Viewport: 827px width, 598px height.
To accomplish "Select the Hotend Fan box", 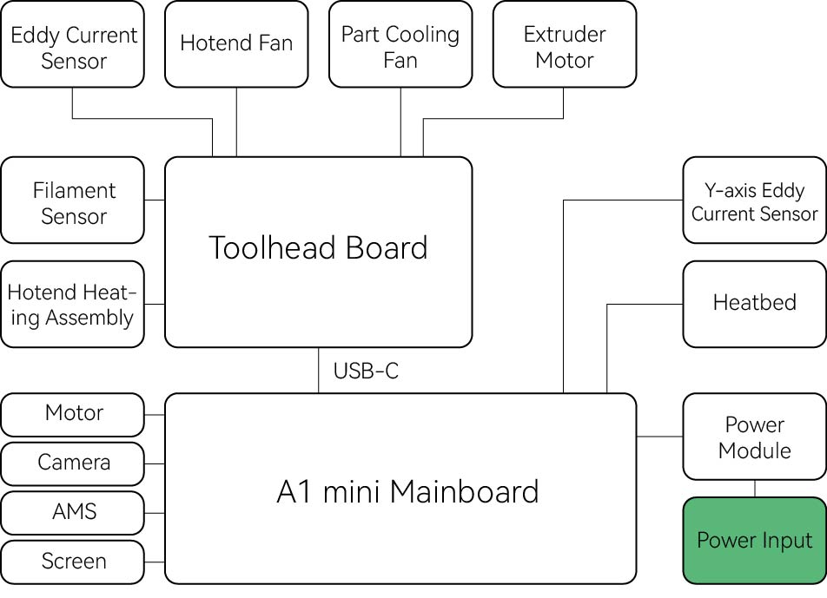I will [236, 44].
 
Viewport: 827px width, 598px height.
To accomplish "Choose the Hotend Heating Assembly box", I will [73, 305].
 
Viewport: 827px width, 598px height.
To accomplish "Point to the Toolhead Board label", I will [318, 248].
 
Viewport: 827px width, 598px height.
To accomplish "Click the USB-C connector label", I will [366, 371].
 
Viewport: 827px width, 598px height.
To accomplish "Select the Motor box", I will [73, 414].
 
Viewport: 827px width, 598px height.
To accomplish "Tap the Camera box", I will [73, 463].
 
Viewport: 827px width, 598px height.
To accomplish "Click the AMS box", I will [73, 513].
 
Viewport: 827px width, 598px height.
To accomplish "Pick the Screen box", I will [73, 562].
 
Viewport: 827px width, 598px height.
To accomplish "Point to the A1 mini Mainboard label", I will [407, 492].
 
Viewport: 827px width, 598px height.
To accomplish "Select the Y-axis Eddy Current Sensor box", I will [754, 200].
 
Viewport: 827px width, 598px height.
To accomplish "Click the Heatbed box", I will [754, 303].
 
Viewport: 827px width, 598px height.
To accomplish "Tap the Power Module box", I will [754, 437].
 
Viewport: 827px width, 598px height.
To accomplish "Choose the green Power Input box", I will [754, 540].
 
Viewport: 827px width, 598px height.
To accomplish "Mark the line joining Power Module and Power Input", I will [754, 489].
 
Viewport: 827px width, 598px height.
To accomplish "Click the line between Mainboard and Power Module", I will [659, 437].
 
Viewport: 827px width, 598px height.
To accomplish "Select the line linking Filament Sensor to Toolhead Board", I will [155, 200].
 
